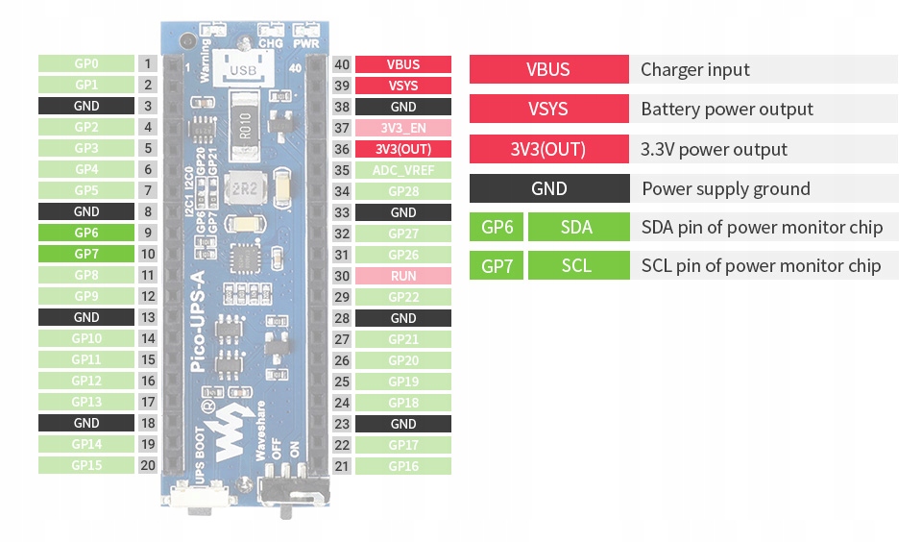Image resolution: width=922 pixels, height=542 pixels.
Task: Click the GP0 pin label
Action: point(85,63)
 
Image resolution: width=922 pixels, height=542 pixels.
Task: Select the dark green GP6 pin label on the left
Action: point(85,233)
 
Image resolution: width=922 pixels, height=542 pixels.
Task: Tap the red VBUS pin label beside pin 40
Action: point(402,64)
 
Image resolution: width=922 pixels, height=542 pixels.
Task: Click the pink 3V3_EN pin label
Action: point(402,128)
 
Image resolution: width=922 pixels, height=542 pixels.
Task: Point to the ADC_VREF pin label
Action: point(402,170)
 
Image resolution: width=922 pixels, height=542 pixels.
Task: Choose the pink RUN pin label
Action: point(402,276)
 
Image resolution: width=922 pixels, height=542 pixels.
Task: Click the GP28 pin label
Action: point(402,191)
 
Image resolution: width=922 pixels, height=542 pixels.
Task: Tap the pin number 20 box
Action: point(147,465)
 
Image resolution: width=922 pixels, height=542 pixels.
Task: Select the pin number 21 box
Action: point(341,466)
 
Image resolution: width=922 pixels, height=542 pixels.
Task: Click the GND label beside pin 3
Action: point(85,106)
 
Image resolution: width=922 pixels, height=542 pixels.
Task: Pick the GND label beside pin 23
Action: point(402,424)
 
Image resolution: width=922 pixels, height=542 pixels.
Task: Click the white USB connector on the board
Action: point(243,68)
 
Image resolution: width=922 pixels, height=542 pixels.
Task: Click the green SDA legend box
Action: point(576,228)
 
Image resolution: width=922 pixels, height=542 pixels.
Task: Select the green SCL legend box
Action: point(576,266)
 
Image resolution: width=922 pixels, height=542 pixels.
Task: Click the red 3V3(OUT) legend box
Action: point(548,149)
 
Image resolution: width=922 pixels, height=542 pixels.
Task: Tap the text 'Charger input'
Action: point(694,69)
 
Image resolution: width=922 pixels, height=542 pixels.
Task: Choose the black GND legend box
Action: point(548,188)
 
